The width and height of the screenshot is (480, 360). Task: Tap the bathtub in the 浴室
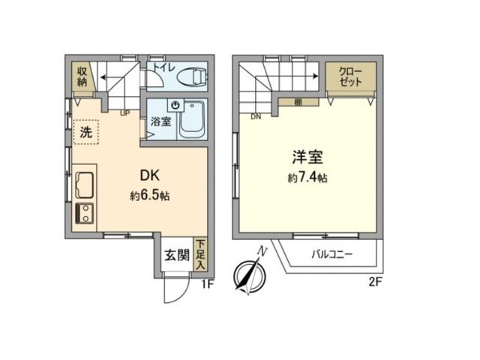click(x=192, y=119)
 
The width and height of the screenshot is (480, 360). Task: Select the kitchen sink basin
click(x=85, y=185)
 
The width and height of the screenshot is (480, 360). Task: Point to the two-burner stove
click(x=85, y=213)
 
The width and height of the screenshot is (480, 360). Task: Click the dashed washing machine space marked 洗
click(x=86, y=132)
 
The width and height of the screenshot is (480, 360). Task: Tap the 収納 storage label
click(x=82, y=76)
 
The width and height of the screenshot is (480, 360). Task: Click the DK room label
click(x=150, y=175)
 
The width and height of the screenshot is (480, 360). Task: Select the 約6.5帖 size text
click(x=150, y=196)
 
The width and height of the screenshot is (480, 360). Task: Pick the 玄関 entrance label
click(x=177, y=255)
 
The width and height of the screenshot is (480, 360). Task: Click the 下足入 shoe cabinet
click(x=200, y=255)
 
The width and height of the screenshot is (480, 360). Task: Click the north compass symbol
click(x=250, y=273)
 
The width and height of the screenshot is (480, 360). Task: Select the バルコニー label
click(x=332, y=255)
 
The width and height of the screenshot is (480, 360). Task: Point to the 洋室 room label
click(x=307, y=157)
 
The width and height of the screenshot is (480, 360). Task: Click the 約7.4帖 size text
click(x=307, y=178)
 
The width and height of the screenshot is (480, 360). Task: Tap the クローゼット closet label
click(x=350, y=76)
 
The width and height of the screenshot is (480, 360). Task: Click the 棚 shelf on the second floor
click(x=298, y=102)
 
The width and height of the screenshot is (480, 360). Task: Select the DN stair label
click(x=256, y=117)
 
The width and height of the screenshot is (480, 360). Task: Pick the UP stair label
click(x=125, y=113)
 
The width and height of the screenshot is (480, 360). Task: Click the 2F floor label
click(x=375, y=281)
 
